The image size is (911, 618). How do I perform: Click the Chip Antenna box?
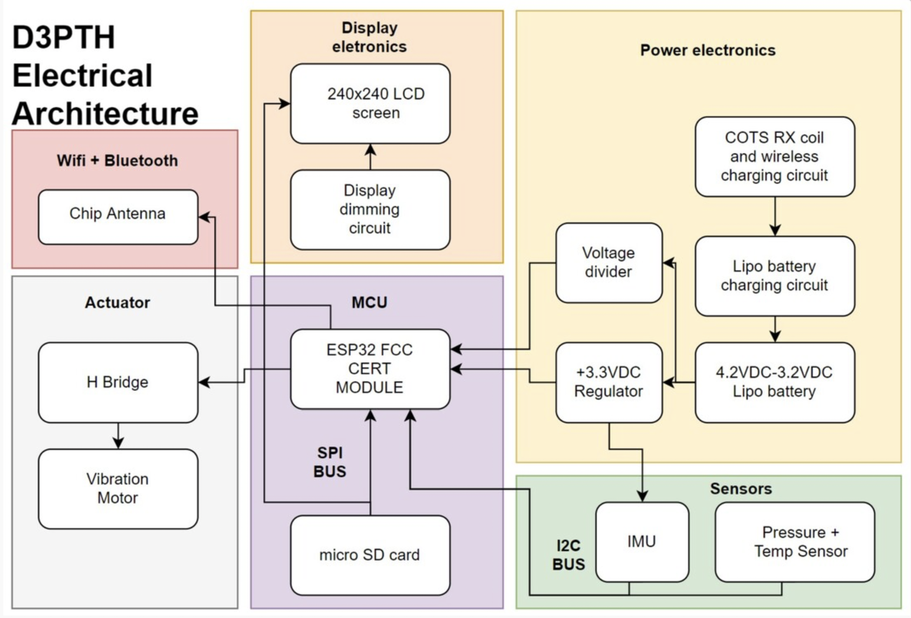coord(118,217)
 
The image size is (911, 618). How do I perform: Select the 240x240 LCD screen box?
coord(370,103)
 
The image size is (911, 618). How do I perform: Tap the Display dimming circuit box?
coord(370,209)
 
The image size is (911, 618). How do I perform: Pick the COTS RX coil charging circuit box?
coord(775,157)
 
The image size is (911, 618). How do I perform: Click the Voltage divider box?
coord(609,263)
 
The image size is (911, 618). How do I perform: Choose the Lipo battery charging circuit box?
coord(775,276)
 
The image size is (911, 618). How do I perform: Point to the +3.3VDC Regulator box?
coord(609,382)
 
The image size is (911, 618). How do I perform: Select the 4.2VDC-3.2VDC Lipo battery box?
coord(775,382)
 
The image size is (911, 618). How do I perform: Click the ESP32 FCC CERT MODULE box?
coord(370,369)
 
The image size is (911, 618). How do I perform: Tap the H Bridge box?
coord(118,382)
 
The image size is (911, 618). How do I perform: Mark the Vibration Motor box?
coord(118,489)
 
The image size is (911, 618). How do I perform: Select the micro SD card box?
coord(370,555)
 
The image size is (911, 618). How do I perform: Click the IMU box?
coord(642,542)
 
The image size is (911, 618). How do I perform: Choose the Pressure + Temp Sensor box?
coord(795,542)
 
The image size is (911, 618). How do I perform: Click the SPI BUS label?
coord(330,462)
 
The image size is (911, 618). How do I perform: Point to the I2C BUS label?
coord(568,555)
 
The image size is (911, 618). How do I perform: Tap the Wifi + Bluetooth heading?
coord(117,161)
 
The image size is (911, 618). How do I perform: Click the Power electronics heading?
coord(708,50)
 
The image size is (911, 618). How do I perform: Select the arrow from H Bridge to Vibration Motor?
coord(118,436)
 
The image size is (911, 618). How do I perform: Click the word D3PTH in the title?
coord(63,37)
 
